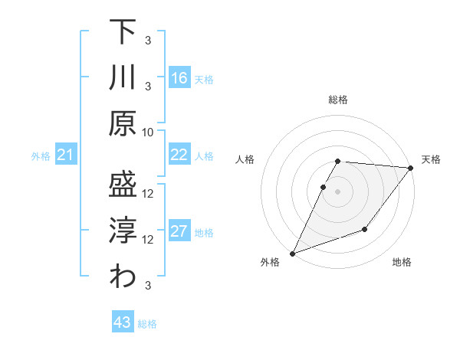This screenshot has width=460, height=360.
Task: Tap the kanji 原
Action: pyautogui.click(x=123, y=122)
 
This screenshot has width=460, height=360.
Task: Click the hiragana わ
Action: pyautogui.click(x=123, y=277)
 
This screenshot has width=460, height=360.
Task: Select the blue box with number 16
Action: pyautogui.click(x=179, y=78)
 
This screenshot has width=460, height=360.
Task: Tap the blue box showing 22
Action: pyautogui.click(x=179, y=155)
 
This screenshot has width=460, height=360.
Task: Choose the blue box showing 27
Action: pyautogui.click(x=179, y=232)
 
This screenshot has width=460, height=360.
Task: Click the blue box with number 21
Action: pyautogui.click(x=65, y=155)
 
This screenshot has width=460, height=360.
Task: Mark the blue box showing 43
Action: pyautogui.click(x=122, y=322)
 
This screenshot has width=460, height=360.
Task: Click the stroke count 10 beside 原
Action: pyautogui.click(x=148, y=131)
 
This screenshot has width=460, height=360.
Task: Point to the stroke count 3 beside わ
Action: pyautogui.click(x=148, y=286)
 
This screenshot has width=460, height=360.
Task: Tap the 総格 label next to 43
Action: pyautogui.click(x=147, y=324)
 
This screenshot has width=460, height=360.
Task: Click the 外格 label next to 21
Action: pyautogui.click(x=41, y=156)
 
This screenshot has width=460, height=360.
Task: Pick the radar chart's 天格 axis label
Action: pyautogui.click(x=431, y=159)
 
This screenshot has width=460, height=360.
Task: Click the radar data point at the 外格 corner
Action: pyautogui.click(x=292, y=253)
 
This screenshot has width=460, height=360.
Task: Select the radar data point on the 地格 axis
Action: pyautogui.click(x=365, y=229)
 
